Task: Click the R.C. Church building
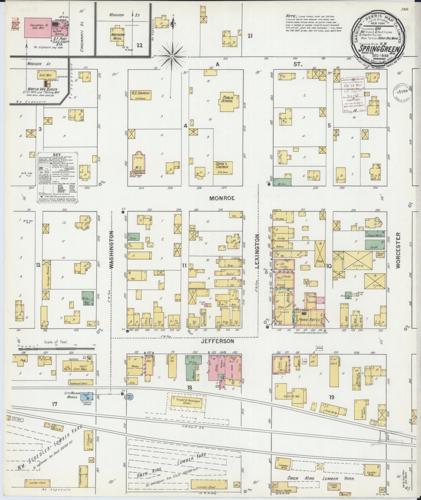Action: click(140, 95)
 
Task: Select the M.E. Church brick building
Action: click(138, 164)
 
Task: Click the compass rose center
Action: click(172, 56)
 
